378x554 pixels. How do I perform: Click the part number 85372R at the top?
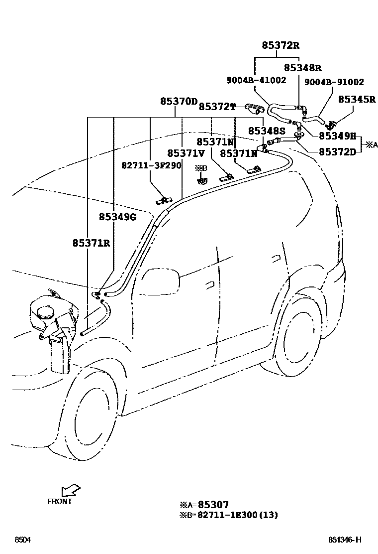coord(281,46)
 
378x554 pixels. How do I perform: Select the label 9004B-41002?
coord(257,80)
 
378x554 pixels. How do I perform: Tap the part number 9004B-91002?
coord(334,82)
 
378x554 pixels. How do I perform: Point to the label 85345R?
coord(357,99)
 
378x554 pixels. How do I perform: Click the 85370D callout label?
coord(179,102)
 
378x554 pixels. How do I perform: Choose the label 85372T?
coord(216,107)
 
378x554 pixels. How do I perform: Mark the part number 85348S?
coord(267,131)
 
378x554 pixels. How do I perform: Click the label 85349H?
coord(337,136)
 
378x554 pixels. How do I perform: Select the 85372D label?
coord(337,152)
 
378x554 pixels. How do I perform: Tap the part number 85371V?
coord(186,153)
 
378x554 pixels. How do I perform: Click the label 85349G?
coord(118,217)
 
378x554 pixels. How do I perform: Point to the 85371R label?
coord(91,243)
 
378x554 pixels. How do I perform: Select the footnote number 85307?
coord(213,505)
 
